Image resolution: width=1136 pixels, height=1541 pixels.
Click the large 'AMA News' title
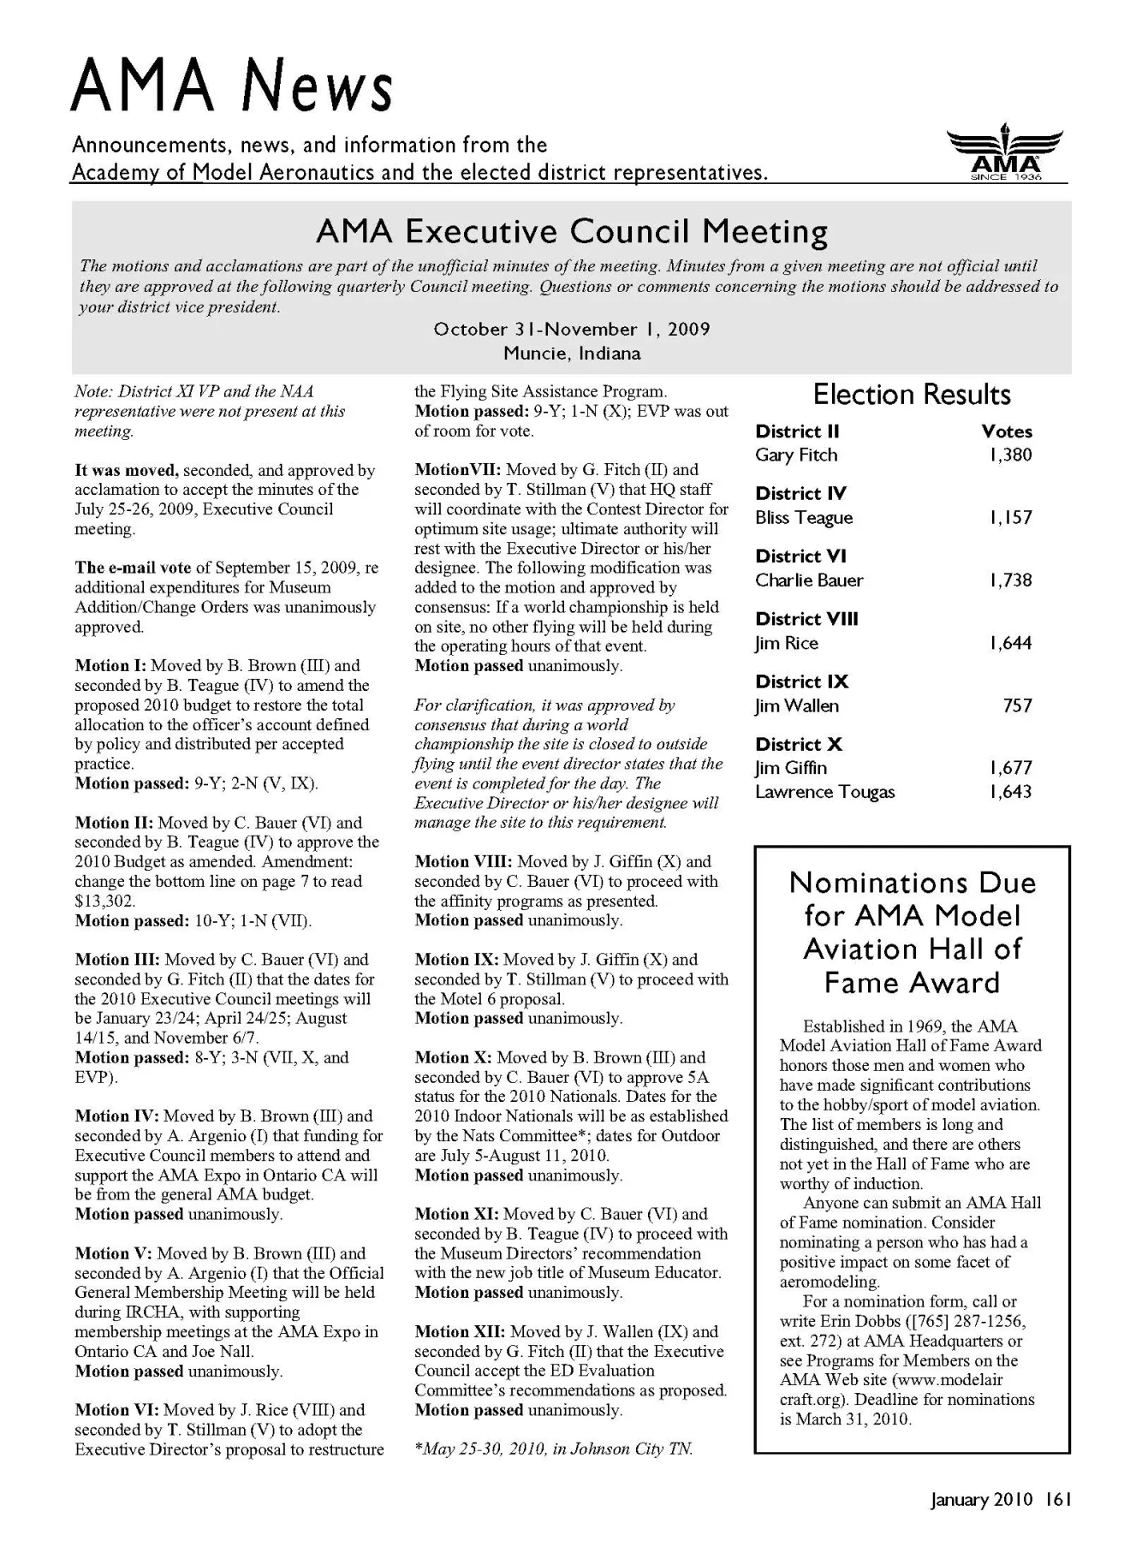232,87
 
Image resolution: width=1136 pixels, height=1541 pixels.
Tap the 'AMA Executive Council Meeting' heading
571,232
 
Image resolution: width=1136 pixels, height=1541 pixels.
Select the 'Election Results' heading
912,395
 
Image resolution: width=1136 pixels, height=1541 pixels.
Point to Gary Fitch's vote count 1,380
1010,455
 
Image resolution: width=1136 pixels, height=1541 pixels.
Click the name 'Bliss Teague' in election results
804,518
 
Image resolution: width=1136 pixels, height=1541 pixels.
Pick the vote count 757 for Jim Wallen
1017,706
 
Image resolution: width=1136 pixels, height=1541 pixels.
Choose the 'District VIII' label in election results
806,619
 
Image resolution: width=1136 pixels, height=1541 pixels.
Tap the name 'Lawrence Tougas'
824,792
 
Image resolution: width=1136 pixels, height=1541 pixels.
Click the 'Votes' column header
1007,431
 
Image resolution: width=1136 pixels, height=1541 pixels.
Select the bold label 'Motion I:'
110,666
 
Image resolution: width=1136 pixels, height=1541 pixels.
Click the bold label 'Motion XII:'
460,1332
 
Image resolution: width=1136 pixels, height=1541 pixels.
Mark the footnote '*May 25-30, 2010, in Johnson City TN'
553,1449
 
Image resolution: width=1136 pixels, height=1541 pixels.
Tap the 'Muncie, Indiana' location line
571,354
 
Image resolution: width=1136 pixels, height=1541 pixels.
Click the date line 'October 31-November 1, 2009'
571,330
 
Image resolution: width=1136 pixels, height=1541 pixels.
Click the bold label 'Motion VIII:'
463,862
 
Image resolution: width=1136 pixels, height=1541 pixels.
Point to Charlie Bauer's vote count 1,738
1010,580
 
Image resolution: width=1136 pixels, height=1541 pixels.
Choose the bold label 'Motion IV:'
116,1116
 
